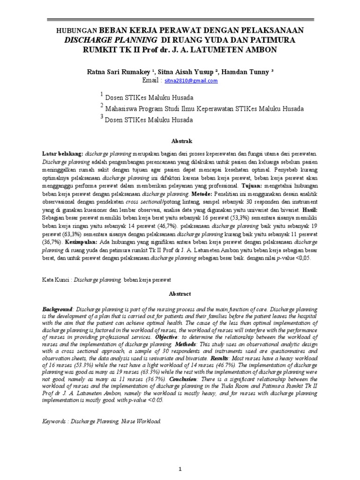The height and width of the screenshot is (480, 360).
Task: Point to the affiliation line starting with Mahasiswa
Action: pos(204,109)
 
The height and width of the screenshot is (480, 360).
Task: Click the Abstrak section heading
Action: pos(180,141)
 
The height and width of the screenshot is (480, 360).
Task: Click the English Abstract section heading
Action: pos(180,293)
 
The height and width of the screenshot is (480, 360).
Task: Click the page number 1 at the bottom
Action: pos(180,455)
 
